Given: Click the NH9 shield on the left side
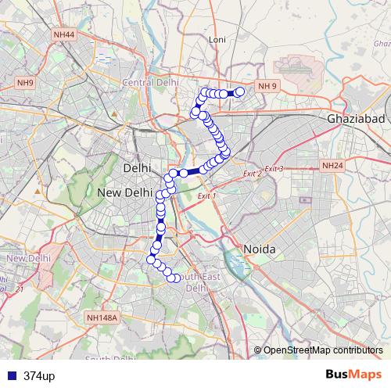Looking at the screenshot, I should [26, 82].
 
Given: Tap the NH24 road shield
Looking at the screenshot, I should [332, 166].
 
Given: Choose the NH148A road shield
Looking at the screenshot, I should [102, 318].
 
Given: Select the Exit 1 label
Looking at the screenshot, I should [207, 195].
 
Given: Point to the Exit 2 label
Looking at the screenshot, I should [251, 174].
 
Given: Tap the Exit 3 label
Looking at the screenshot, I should [274, 169].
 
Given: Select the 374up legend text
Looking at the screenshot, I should [39, 375].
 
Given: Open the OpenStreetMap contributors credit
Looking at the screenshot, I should [322, 350].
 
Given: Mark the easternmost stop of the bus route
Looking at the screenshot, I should [240, 92].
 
